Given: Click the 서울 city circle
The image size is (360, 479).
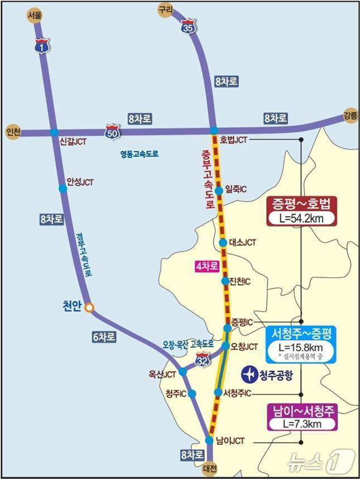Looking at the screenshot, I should click(35, 15).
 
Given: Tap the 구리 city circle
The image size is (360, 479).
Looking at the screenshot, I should click(165, 9).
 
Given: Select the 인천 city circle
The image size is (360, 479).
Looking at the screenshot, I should click(12, 132).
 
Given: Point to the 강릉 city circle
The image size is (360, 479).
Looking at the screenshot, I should click(350, 115).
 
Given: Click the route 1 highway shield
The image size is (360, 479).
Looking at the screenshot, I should click(41, 46).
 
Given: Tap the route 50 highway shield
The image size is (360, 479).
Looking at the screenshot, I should click(112, 133).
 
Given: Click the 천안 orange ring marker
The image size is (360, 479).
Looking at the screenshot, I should click(89, 307).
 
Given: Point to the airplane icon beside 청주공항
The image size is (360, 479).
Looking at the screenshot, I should click(249, 373).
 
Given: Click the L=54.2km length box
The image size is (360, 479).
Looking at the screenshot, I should click(302, 218).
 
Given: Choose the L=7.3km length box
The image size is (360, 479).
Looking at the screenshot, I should click(302, 424).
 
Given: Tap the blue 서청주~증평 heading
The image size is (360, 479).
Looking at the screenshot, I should click(301, 334).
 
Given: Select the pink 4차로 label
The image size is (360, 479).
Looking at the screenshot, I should click(205, 267).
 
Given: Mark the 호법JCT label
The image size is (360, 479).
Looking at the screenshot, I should click(233, 139).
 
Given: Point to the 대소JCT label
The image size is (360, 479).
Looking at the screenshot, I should click(242, 243).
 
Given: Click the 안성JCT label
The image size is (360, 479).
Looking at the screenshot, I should click(80, 182).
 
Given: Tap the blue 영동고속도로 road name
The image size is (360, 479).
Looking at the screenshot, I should click(139, 154).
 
